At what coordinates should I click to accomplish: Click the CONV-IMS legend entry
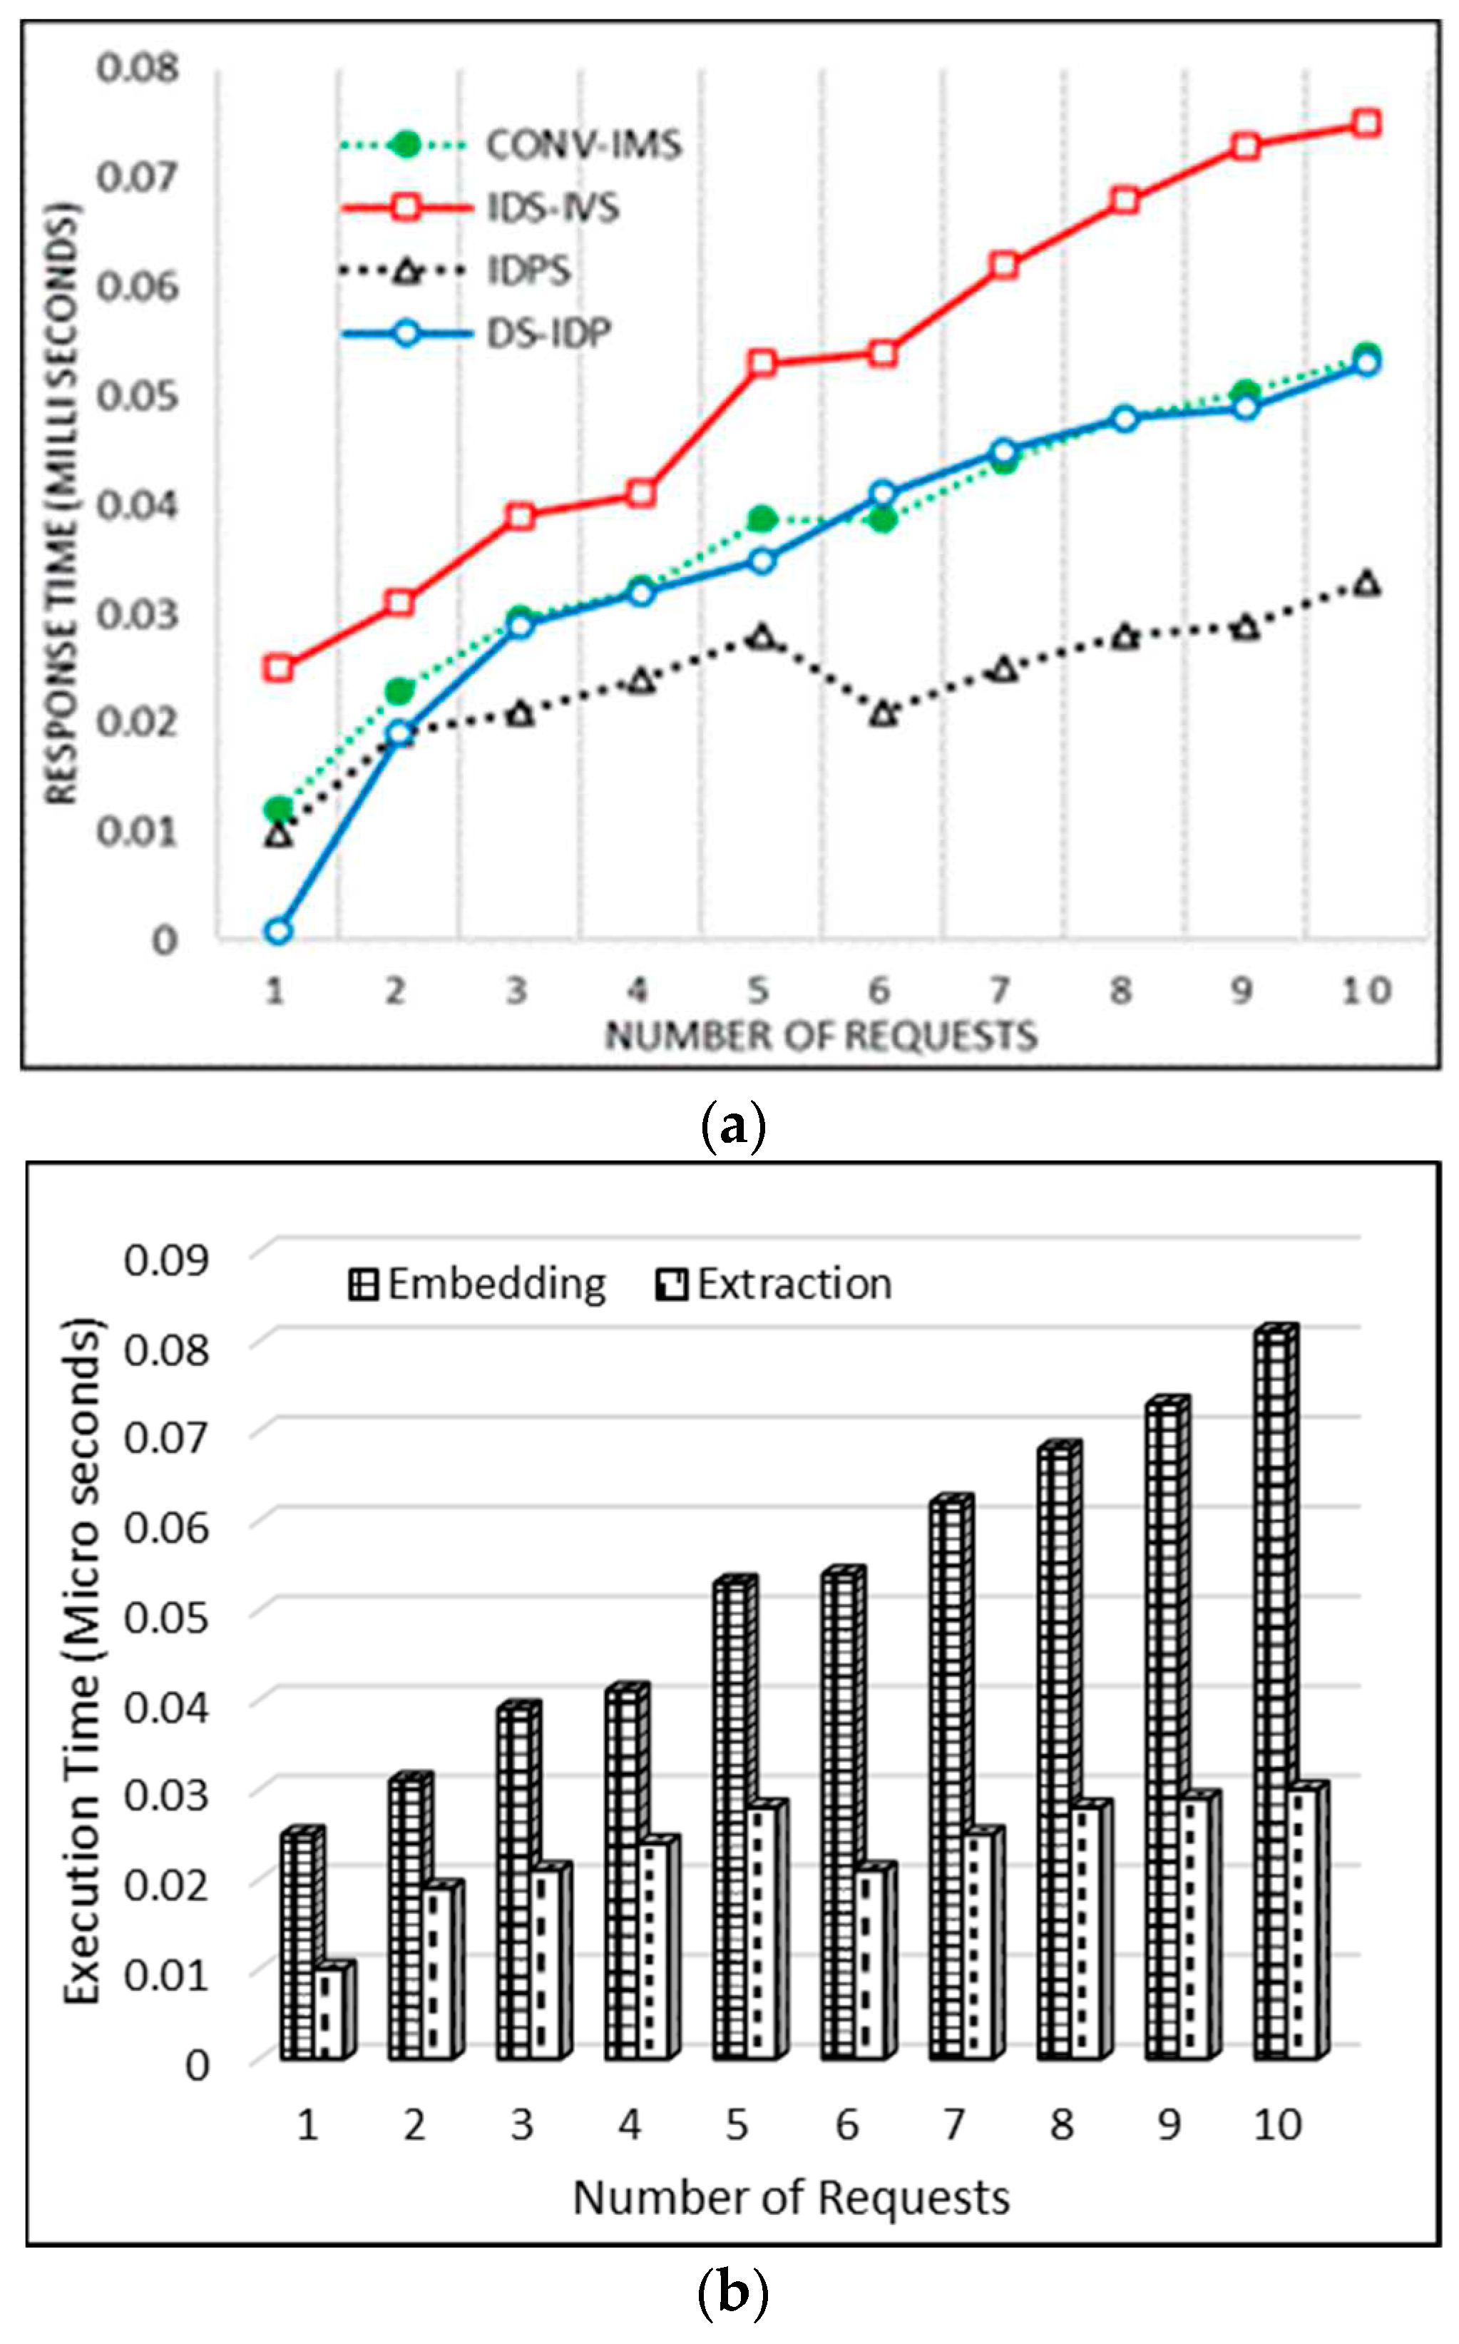click(582, 145)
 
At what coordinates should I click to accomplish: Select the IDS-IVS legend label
click(552, 208)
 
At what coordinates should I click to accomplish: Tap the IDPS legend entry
click(529, 271)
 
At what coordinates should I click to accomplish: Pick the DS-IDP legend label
click(548, 334)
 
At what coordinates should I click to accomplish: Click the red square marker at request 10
click(1366, 123)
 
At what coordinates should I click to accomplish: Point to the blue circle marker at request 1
click(279, 930)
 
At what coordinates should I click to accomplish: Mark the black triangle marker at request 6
click(883, 715)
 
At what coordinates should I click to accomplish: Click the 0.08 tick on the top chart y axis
click(138, 68)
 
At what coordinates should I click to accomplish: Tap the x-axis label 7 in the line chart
click(1000, 990)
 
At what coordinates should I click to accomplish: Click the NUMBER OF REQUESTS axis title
click(820, 1036)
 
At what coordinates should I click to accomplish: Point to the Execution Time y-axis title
click(82, 1660)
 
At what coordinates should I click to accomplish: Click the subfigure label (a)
click(732, 1125)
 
